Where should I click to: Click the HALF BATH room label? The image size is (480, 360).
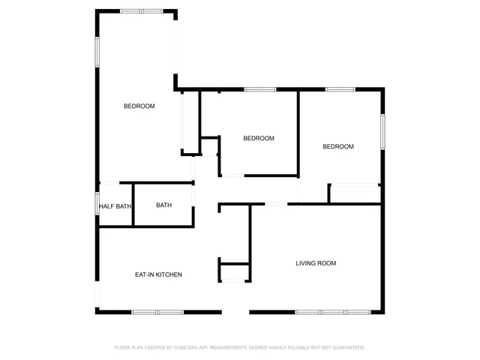pos(115,206)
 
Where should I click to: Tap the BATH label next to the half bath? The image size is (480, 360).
pos(163,205)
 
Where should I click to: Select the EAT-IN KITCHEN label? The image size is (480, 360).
pos(158,275)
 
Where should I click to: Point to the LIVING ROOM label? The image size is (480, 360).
pos(316,263)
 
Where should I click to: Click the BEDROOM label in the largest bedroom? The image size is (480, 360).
pos(139,106)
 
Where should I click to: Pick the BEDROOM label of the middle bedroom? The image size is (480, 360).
pos(259,139)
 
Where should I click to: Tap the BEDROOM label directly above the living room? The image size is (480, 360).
pos(338,147)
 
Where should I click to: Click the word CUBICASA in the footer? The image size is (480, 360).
pos(187,348)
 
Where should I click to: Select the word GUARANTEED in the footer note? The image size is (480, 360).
pos(346,348)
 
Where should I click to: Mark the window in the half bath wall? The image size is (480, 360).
pos(97,204)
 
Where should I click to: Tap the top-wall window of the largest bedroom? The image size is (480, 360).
pos(141,10)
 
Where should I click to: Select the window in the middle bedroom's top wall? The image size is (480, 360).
pos(260,90)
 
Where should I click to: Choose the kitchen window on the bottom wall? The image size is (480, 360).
pos(157,312)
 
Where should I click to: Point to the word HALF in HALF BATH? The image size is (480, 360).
pos(106,206)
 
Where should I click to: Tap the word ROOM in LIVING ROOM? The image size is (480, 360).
pos(326,263)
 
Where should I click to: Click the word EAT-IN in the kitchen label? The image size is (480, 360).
pos(144,275)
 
